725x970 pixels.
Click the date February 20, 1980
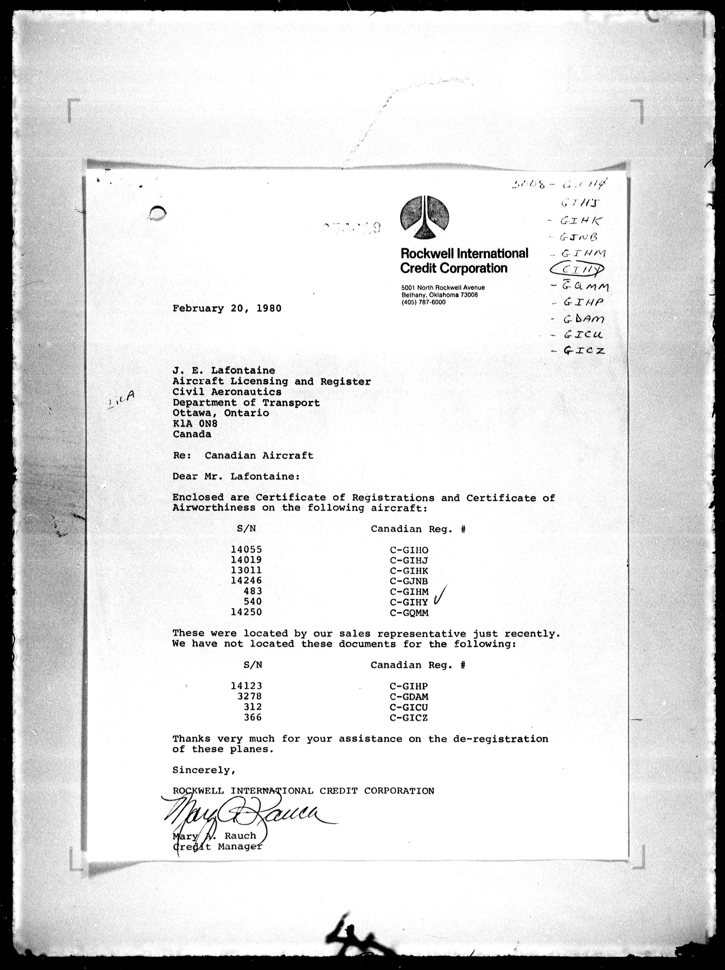tap(227, 308)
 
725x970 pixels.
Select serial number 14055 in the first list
tap(247, 549)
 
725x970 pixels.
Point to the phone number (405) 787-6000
tap(423, 302)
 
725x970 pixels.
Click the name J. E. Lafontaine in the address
tap(224, 371)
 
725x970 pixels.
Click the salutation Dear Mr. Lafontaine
tap(236, 476)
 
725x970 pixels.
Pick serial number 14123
tap(247, 686)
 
